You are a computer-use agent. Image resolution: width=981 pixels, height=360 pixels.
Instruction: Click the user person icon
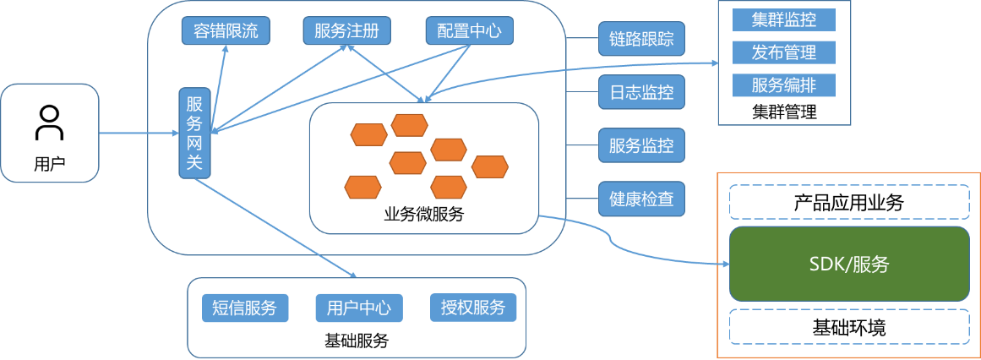click(49, 123)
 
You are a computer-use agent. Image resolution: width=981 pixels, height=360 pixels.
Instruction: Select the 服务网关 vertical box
click(194, 133)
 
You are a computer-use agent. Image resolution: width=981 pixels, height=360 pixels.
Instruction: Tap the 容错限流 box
click(226, 31)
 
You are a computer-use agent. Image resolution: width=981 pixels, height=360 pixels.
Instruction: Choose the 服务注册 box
click(346, 31)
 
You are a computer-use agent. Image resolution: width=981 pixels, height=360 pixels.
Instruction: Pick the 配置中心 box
click(469, 31)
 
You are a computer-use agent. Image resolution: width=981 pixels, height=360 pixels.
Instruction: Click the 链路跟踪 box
click(641, 39)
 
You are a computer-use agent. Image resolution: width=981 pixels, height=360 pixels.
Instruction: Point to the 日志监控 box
click(641, 92)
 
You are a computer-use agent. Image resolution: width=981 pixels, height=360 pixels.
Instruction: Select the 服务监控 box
click(641, 145)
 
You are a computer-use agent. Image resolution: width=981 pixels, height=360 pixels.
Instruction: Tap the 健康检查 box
click(641, 199)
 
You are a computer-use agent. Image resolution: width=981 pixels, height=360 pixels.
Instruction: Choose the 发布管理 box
click(783, 52)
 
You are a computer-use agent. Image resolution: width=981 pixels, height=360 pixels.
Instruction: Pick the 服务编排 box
click(783, 85)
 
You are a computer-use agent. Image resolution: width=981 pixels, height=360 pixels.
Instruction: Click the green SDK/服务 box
click(849, 264)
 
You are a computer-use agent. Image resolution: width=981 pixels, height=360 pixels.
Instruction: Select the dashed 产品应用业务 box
click(849, 203)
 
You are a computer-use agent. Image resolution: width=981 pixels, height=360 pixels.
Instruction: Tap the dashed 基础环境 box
click(849, 327)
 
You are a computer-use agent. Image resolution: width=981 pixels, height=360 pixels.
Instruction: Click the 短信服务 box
click(245, 308)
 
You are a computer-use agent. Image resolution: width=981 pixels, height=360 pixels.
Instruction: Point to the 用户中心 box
click(359, 308)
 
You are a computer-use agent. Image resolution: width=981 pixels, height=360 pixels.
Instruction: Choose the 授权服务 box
click(473, 308)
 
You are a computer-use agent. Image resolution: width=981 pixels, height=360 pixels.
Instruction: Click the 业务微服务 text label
click(423, 215)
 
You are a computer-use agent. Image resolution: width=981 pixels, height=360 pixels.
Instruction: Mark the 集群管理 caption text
click(783, 112)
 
